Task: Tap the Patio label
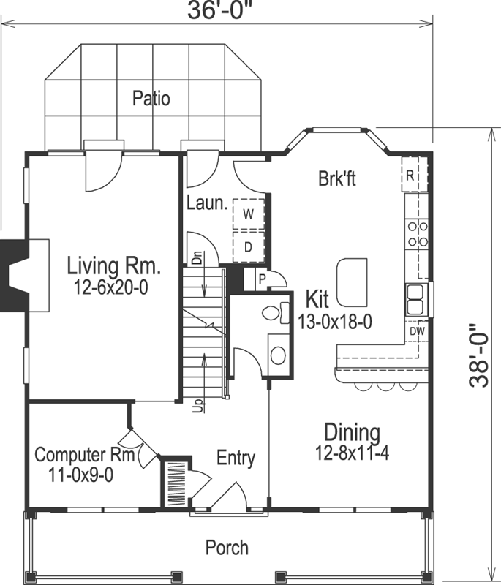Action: (151, 98)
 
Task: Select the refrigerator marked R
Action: (411, 175)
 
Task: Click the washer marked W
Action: (248, 214)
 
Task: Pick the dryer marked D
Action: (248, 246)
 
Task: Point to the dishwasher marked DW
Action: (417, 331)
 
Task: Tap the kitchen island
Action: (351, 281)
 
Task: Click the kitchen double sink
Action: (415, 299)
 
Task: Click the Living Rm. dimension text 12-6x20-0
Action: (111, 288)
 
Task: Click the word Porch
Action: (226, 547)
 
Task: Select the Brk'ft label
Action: (336, 178)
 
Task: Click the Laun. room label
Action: (206, 203)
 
